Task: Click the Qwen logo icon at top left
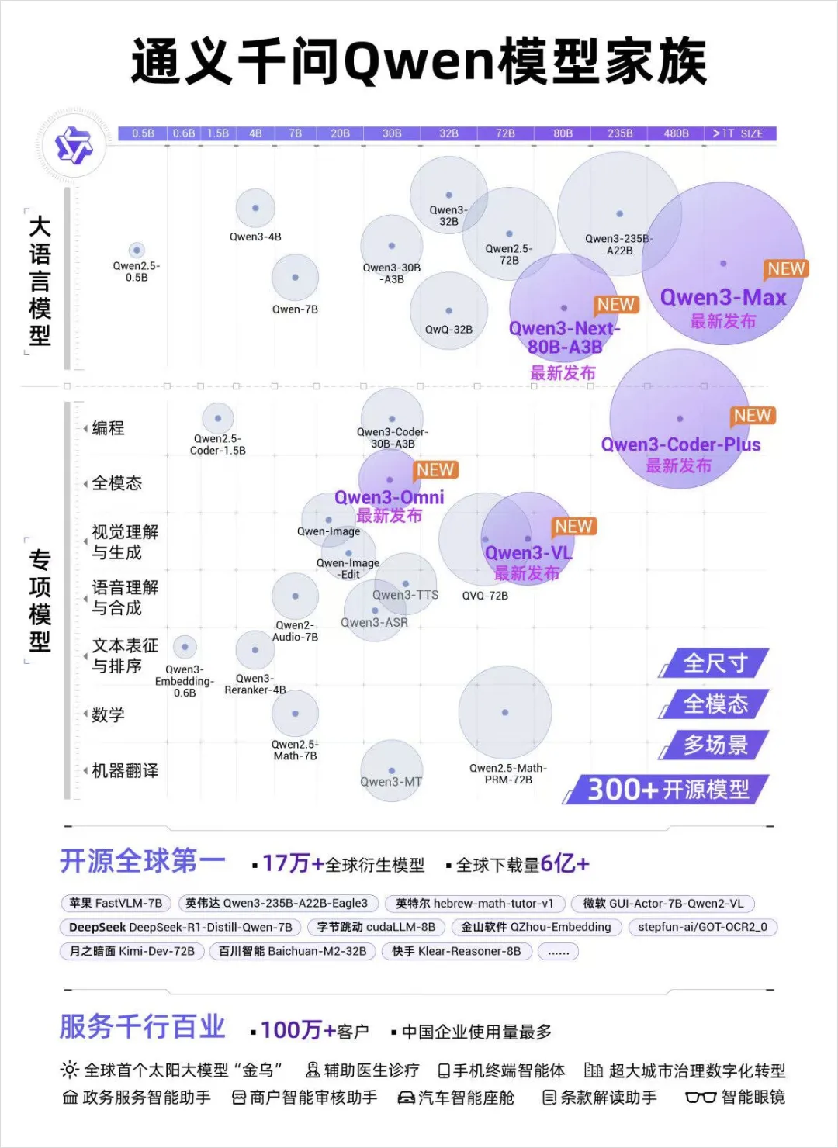(x=74, y=145)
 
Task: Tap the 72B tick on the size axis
(x=505, y=133)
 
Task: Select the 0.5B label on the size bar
(x=143, y=133)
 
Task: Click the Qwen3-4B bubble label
(x=255, y=237)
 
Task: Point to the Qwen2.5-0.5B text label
(x=137, y=271)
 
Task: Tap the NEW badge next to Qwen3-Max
(x=786, y=269)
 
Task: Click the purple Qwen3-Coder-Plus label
(x=680, y=444)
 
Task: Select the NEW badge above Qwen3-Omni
(x=435, y=470)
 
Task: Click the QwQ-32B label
(x=448, y=330)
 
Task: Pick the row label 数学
(x=108, y=714)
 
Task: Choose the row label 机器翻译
(x=125, y=770)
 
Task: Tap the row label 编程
(x=108, y=427)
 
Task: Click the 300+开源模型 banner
(x=667, y=790)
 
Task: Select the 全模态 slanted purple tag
(x=715, y=704)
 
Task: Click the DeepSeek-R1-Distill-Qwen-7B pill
(x=180, y=927)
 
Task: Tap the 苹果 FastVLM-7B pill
(x=116, y=903)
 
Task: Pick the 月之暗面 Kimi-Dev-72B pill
(x=132, y=951)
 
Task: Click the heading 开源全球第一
(x=143, y=862)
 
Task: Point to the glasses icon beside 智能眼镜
(x=700, y=1098)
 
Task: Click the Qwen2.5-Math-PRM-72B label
(x=507, y=774)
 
